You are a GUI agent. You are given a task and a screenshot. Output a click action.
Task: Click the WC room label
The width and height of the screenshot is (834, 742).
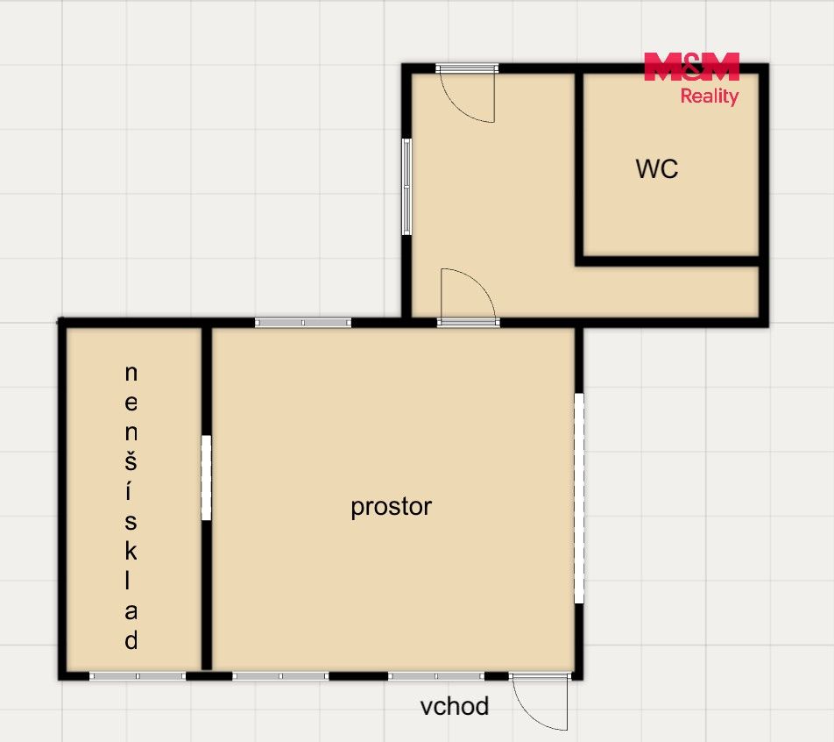point(657,169)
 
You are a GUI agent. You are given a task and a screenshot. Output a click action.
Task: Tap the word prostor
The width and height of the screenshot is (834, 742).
point(391,507)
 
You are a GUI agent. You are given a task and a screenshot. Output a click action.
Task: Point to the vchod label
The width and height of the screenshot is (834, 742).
point(454,707)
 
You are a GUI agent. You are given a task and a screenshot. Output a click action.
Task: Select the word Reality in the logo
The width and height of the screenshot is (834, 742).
point(710,96)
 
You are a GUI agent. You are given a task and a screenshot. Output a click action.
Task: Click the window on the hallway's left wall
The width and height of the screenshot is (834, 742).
point(406,187)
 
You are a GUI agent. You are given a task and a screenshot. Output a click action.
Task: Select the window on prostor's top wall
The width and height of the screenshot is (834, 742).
point(302,322)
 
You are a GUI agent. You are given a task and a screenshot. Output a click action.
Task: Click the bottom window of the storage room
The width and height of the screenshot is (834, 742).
point(138,676)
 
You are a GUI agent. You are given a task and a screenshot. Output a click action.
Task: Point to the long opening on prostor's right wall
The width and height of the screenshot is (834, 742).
point(579,498)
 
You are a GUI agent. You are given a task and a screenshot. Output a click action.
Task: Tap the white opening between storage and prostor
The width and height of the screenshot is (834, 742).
point(206,478)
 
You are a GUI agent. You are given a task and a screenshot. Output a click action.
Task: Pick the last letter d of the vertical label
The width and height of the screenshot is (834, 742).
point(131,639)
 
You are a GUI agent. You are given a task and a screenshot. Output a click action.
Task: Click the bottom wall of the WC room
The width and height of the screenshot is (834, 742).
point(668,261)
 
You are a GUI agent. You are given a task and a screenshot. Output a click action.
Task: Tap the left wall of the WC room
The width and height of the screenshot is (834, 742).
point(579,165)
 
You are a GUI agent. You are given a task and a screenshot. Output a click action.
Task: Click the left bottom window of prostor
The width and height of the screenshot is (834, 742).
point(281,676)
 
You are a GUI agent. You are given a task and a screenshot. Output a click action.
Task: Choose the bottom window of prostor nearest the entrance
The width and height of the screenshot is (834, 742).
point(436,676)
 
